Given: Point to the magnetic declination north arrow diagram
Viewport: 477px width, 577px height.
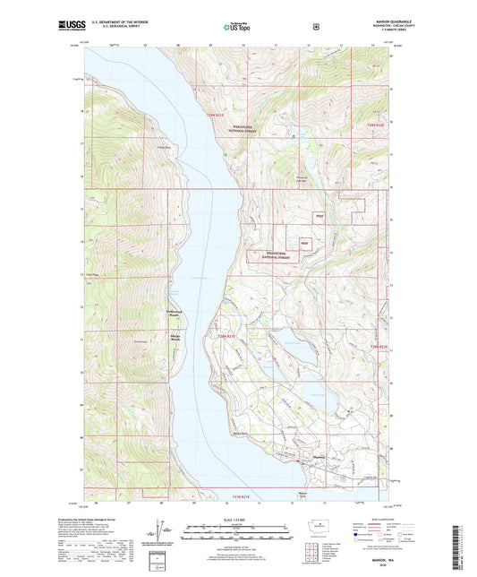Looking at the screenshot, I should coord(159,541).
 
